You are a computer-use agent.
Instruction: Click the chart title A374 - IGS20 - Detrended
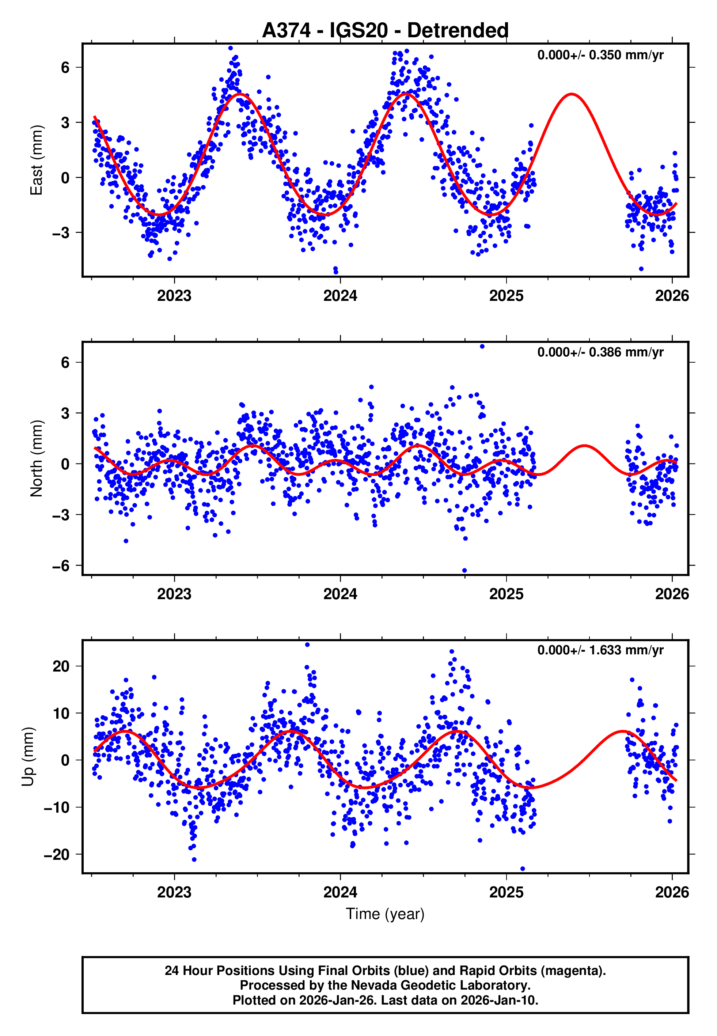385,31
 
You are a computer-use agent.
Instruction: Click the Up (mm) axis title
28,757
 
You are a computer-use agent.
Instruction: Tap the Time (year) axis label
385,914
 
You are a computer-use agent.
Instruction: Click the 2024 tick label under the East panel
340,296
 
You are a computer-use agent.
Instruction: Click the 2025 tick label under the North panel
506,594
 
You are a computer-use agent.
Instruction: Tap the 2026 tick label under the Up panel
672,892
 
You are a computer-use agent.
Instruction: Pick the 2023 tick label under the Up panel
174,892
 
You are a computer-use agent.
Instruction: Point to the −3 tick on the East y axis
61,233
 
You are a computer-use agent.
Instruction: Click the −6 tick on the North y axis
61,566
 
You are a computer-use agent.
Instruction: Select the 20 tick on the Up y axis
61,666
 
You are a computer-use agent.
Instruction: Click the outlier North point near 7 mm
482,347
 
